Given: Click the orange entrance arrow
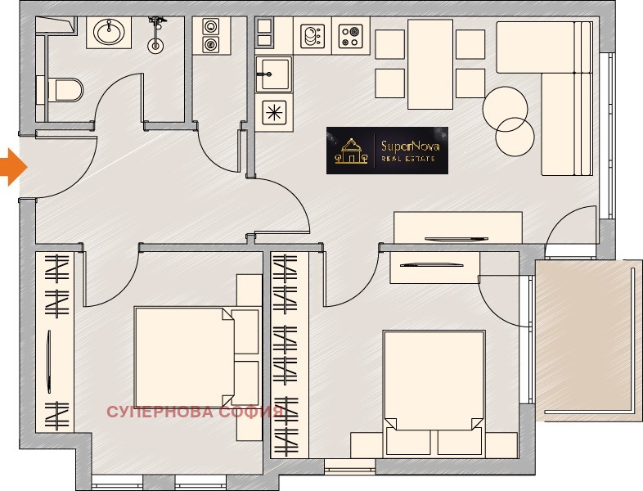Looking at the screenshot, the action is coord(13,168).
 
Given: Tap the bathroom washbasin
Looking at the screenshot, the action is coord(109,32).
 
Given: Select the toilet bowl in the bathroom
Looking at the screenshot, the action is coord(65,90).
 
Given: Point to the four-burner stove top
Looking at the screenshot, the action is coord(351,36).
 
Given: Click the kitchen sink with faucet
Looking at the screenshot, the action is coord(273,74).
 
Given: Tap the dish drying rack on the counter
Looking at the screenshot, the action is coord(313,36).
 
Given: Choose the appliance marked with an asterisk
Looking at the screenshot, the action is coord(273,112).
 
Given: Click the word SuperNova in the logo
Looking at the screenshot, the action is coord(411,146).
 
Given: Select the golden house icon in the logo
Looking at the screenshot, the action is coord(351,151).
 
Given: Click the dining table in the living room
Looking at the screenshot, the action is coord(430,64).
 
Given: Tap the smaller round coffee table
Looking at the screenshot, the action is coord(515,137).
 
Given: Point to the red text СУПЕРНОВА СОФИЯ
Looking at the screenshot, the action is coord(196,412).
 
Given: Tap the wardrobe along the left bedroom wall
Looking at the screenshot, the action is coord(55,342).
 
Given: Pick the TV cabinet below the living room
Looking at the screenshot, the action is coord(457,227).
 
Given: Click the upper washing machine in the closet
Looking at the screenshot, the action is coord(211,27).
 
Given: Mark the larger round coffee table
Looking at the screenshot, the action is coord(505,109).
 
